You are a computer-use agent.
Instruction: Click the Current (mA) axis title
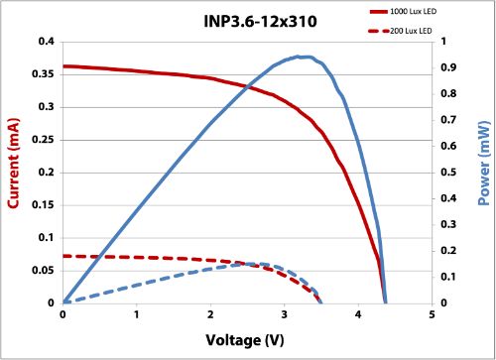tap(14, 171)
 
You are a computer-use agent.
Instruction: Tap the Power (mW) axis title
tap(484, 171)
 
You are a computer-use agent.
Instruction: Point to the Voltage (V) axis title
tap(246, 340)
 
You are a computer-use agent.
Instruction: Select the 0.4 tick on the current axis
tap(45, 42)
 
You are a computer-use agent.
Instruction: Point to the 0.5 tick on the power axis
tap(449, 173)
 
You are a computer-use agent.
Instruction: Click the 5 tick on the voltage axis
tap(433, 315)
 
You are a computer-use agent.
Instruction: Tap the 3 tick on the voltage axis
tap(285, 315)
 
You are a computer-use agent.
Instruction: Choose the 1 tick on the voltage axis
tap(137, 315)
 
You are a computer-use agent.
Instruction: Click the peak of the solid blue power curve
tap(307, 57)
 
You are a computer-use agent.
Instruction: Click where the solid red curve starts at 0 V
tap(63, 66)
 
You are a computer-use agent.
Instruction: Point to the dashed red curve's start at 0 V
tap(63, 256)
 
